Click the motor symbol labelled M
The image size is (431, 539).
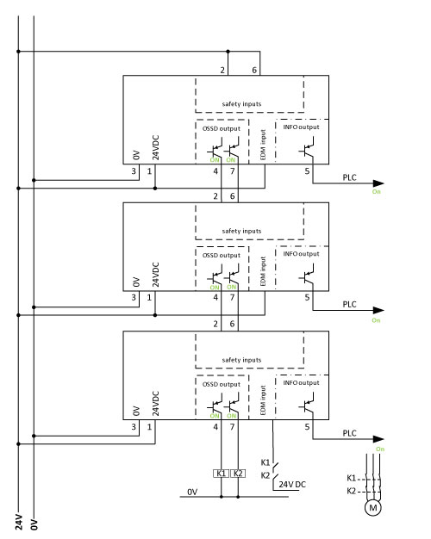(x=373, y=507)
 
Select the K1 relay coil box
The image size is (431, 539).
(x=221, y=474)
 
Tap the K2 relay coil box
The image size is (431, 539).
(x=238, y=474)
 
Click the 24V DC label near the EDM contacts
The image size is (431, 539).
(x=292, y=485)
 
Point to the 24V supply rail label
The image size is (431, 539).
(x=19, y=522)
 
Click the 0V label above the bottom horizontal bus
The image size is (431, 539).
(x=192, y=492)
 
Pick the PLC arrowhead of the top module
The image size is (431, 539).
(x=378, y=183)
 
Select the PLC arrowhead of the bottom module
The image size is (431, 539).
(x=378, y=439)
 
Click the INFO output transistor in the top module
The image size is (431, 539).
(x=307, y=147)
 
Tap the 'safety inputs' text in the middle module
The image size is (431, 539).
(x=241, y=231)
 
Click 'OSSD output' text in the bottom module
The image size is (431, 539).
(x=222, y=384)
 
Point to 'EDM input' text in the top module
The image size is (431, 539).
(x=263, y=145)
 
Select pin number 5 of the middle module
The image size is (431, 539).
(x=307, y=298)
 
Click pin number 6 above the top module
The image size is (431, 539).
(x=254, y=70)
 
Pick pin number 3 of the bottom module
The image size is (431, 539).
(x=134, y=427)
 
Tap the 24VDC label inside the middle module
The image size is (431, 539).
(x=156, y=275)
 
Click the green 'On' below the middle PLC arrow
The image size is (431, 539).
(x=376, y=320)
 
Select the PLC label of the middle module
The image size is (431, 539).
(x=349, y=305)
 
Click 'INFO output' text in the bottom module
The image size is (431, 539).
(x=301, y=382)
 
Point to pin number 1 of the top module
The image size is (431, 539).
(x=149, y=171)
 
